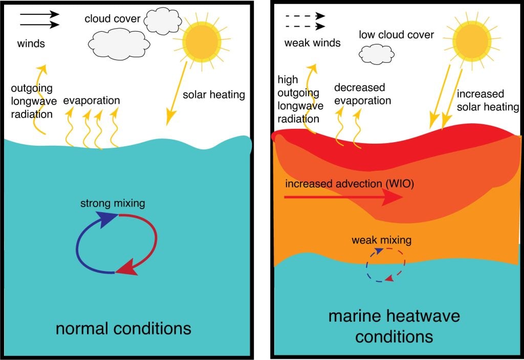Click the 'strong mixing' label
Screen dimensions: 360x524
click(113, 203)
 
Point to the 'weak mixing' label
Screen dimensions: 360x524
click(381, 239)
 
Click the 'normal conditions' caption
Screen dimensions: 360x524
click(123, 328)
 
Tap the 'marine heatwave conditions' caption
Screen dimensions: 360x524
click(394, 326)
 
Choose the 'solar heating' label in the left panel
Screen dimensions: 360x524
click(214, 95)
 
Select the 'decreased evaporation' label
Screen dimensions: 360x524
click(362, 94)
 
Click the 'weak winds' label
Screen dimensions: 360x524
click(312, 43)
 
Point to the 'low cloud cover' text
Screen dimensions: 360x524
click(397, 35)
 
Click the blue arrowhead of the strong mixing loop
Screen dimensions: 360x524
click(108, 220)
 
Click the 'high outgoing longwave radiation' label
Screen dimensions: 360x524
click(300, 99)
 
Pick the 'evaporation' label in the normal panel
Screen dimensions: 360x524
click(92, 100)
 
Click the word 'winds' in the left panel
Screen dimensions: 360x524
click(31, 43)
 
